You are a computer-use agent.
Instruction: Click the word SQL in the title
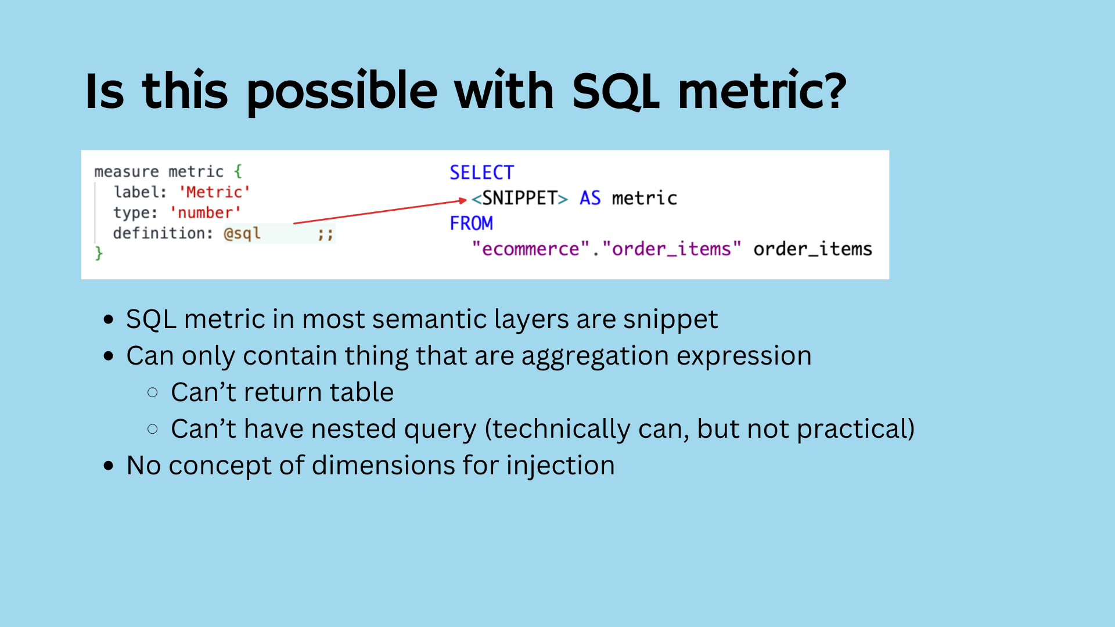pos(615,91)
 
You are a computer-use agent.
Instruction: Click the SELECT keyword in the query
pos(482,172)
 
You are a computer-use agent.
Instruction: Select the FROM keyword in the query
pos(472,223)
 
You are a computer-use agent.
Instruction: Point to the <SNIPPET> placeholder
pos(520,198)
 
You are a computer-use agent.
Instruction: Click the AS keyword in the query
pos(590,198)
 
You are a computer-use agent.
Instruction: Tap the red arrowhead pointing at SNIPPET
pos(463,200)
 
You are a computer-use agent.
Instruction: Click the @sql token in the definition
pos(242,233)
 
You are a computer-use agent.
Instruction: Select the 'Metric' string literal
pos(214,192)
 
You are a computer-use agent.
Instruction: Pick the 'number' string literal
pos(205,212)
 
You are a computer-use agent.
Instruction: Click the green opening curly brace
pos(238,171)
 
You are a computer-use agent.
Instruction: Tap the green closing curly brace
pos(99,253)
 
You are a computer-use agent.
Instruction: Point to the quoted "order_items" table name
pos(672,248)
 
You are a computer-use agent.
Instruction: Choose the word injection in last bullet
pos(560,466)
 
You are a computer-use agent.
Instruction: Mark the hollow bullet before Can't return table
pos(153,393)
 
